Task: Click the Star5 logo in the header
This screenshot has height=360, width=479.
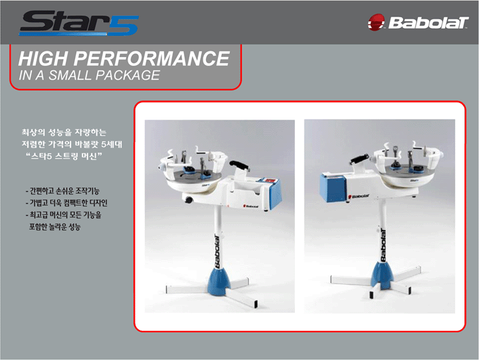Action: [x=79, y=23]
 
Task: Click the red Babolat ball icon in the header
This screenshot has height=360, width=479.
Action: [x=376, y=22]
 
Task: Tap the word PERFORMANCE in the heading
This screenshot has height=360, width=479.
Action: [x=151, y=58]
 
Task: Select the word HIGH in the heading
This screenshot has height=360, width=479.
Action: [x=43, y=58]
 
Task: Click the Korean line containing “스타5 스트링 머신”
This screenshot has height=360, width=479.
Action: [x=64, y=156]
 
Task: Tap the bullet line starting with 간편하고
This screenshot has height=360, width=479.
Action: [x=62, y=191]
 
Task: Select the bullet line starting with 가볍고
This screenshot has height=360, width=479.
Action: [x=66, y=203]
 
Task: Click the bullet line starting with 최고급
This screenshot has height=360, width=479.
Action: [x=63, y=215]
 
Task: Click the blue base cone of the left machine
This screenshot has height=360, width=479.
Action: [x=218, y=280]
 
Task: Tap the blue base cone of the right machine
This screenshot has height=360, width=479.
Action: [x=381, y=276]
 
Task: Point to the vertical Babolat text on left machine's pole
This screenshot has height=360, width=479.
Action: [x=217, y=251]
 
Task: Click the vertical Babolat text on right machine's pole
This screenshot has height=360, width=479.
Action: [x=383, y=245]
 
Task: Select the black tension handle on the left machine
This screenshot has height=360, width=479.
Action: [x=239, y=165]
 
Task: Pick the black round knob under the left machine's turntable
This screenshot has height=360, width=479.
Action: [x=189, y=200]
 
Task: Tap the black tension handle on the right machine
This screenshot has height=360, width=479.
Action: [x=360, y=159]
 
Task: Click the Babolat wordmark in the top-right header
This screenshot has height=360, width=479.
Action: [x=429, y=23]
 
